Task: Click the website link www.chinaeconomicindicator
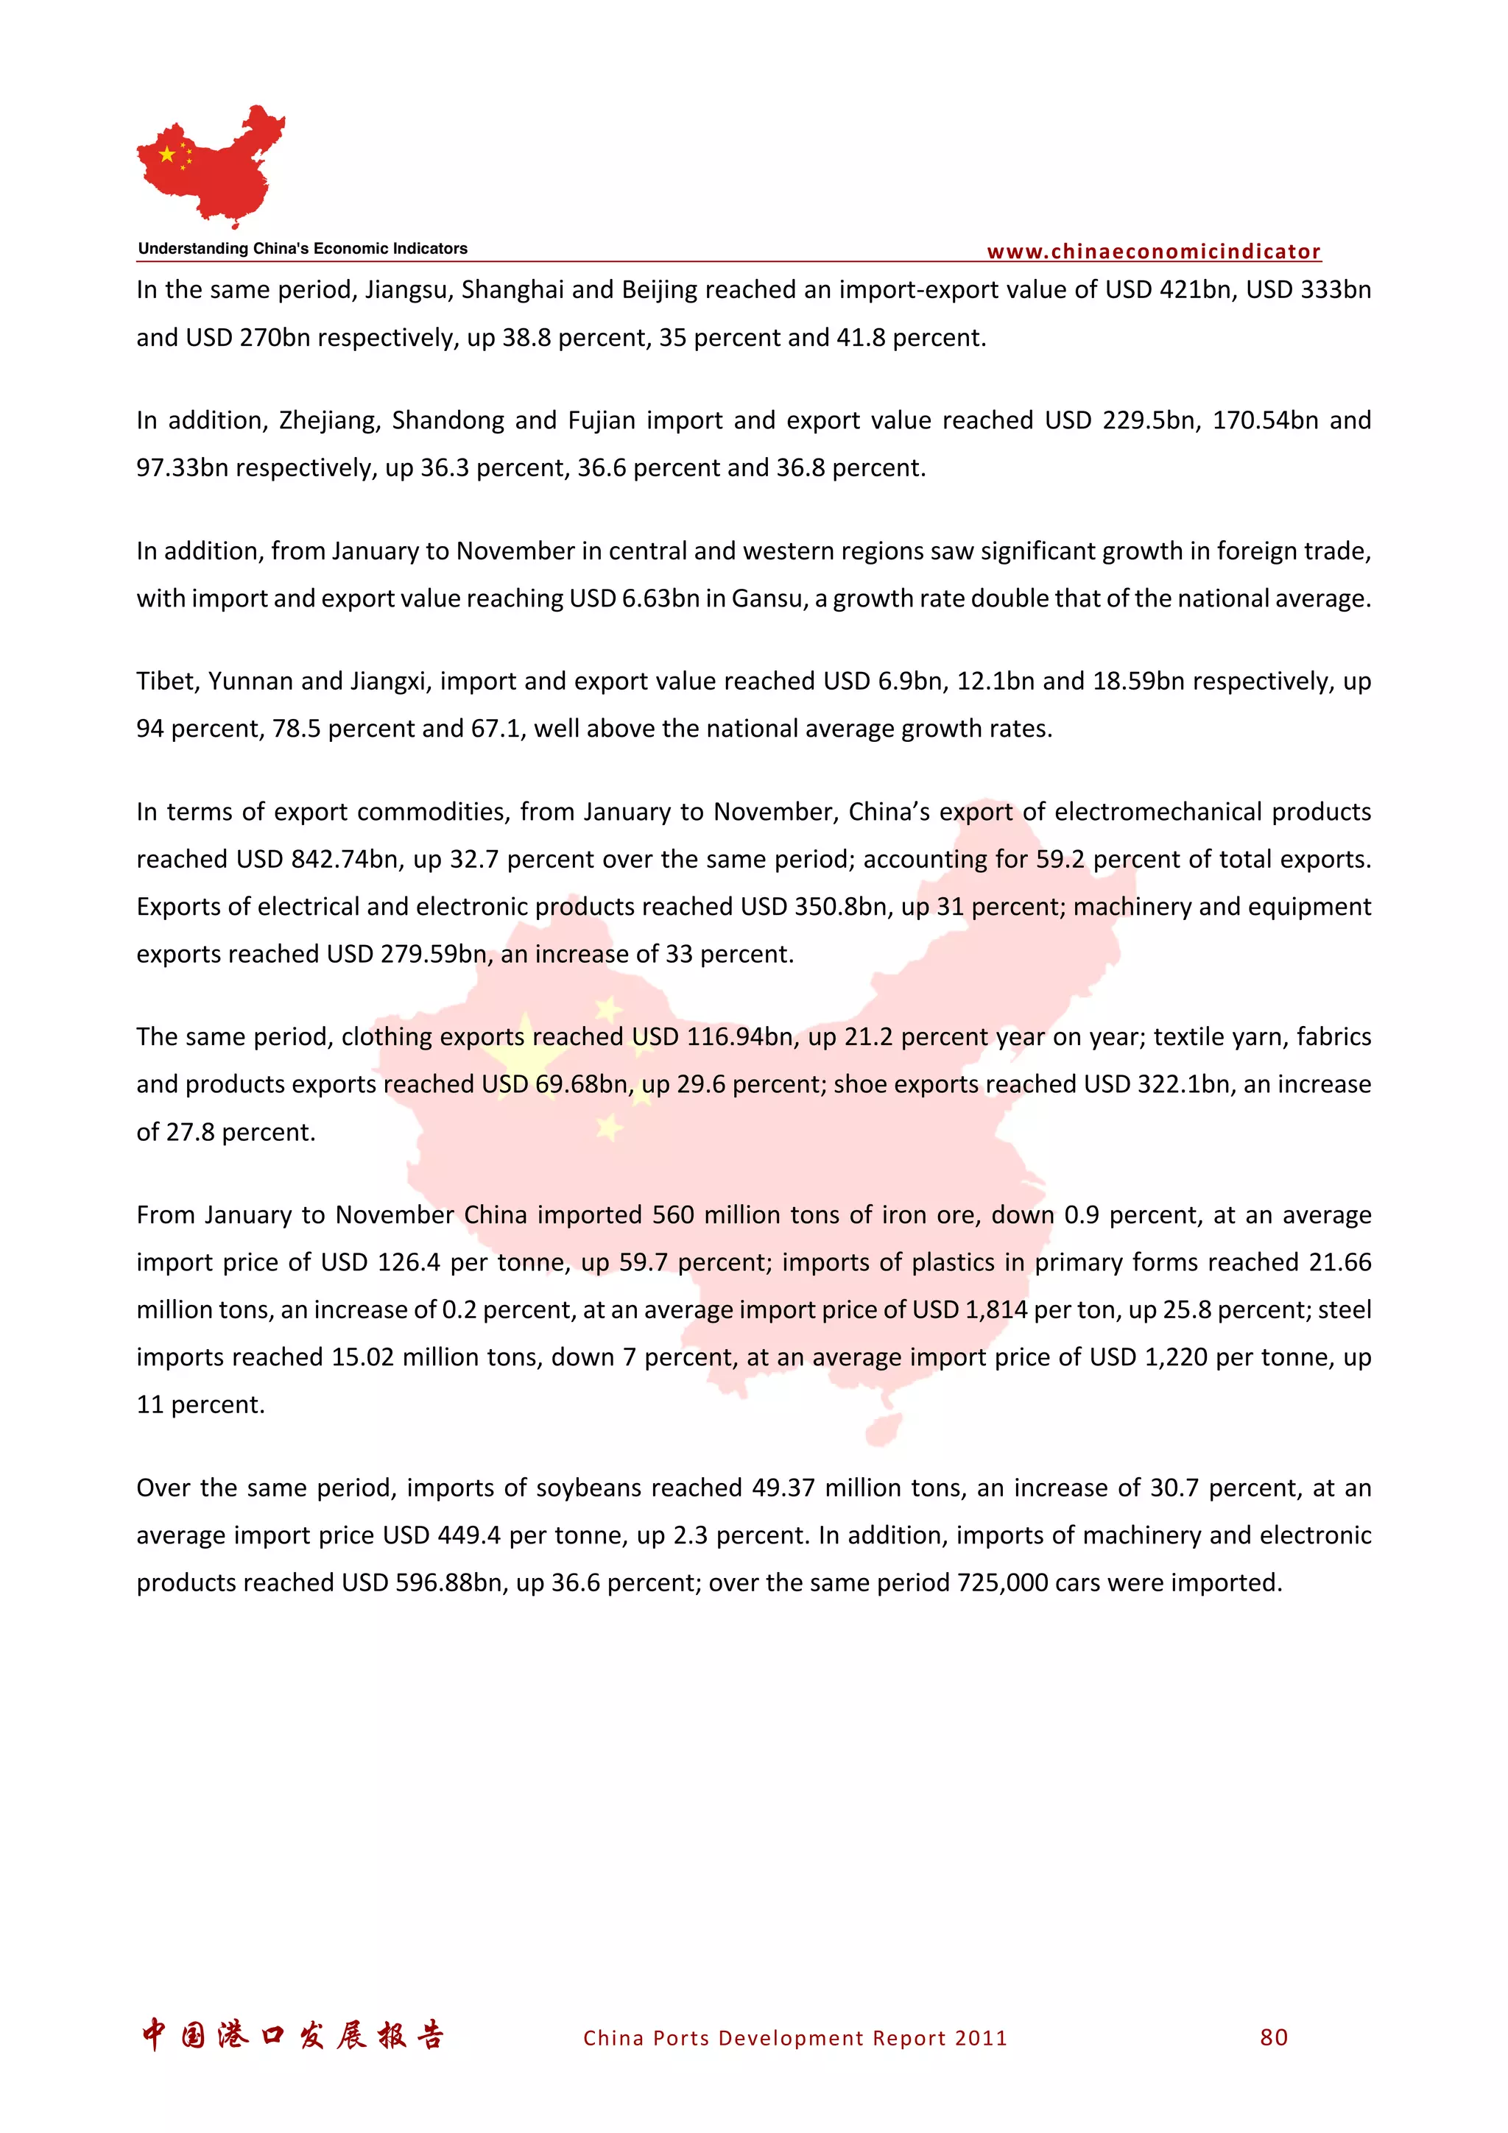click(1153, 251)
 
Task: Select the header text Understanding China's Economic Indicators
click(303, 248)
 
